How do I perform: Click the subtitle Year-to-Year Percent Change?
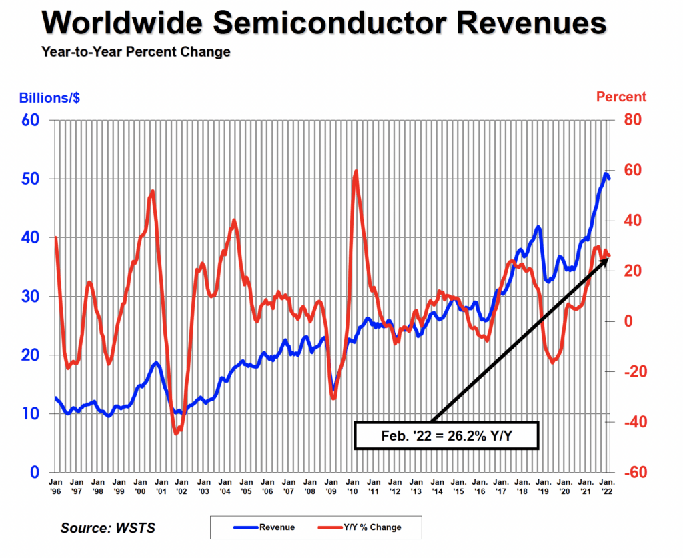pos(135,52)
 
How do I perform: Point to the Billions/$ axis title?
pos(49,97)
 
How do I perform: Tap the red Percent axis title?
pos(621,97)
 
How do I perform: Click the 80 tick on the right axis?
pos(632,120)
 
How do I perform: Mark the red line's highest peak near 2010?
pos(356,172)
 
